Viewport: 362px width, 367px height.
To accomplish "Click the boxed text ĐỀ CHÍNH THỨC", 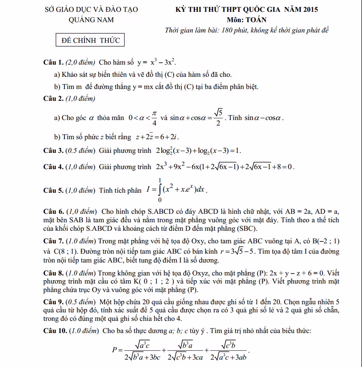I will point(90,40).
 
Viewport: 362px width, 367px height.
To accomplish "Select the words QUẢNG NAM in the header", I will point(91,20).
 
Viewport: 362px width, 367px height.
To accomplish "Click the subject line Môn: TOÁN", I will point(247,20).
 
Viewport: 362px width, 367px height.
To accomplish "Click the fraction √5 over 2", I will point(218,118).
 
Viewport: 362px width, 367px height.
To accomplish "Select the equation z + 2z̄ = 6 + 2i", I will point(157,137).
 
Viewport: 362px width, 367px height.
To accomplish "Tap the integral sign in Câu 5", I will point(160,190).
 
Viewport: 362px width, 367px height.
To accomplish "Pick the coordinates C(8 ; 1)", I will point(59,252).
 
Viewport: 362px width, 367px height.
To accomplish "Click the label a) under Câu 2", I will point(57,118).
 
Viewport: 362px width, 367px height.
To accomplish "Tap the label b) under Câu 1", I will point(57,87).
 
